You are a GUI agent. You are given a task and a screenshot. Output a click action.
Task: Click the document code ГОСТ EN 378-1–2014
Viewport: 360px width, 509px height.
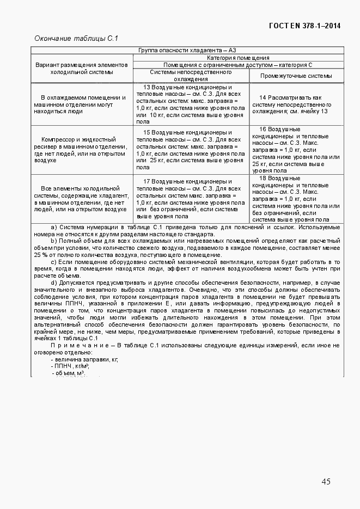coord(305,26)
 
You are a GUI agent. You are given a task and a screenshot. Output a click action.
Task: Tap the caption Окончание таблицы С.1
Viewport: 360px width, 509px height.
coord(76,39)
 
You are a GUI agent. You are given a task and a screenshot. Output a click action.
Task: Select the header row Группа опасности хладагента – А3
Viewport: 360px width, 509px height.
coord(187,51)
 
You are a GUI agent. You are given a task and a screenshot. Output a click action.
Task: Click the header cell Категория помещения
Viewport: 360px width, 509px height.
coord(238,58)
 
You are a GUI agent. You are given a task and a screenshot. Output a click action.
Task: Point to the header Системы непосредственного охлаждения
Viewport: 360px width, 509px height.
coord(191,75)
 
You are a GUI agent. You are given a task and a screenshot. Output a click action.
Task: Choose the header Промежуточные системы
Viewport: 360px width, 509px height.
coord(296,76)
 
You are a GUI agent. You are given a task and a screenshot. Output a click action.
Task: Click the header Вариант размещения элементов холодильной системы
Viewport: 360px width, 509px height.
coord(81,68)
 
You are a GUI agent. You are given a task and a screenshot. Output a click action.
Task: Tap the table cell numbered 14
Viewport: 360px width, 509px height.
coord(296,104)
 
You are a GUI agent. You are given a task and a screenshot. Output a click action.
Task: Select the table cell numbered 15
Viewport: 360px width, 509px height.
coord(191,150)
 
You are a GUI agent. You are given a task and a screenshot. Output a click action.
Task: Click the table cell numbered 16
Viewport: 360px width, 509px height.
coord(296,150)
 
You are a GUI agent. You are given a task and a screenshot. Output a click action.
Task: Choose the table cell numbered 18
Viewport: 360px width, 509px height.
coord(296,199)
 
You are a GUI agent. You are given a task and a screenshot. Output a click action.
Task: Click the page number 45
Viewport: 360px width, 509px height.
coord(326,481)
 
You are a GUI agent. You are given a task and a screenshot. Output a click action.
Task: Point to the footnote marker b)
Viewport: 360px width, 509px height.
coord(54,241)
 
